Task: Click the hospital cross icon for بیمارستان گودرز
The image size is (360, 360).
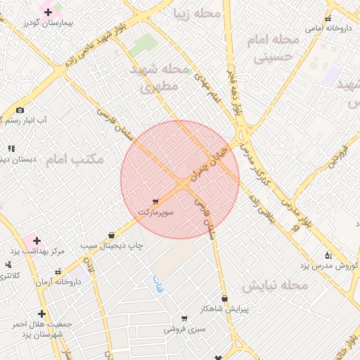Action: click(x=48, y=12)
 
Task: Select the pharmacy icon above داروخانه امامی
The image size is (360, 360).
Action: click(x=328, y=19)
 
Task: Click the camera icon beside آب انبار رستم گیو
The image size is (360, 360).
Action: click(x=20, y=110)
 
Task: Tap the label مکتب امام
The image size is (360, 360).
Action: click(x=75, y=160)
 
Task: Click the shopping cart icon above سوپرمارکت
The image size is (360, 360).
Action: click(x=155, y=202)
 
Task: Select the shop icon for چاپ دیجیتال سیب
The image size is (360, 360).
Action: click(x=111, y=236)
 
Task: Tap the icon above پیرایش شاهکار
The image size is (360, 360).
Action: click(x=224, y=299)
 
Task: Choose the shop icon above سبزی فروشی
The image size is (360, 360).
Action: click(x=184, y=319)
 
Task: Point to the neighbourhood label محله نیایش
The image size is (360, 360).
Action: click(x=275, y=286)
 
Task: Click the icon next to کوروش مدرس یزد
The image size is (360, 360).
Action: click(x=328, y=255)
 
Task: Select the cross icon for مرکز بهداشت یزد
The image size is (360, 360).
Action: click(x=36, y=240)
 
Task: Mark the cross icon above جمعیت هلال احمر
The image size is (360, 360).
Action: click(x=42, y=314)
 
